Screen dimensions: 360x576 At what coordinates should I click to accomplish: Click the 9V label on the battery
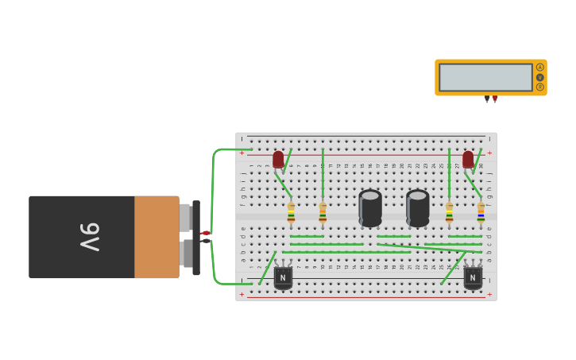[89, 237]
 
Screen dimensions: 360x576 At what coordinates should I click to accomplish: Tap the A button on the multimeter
[540, 68]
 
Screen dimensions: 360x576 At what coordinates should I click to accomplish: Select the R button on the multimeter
[540, 87]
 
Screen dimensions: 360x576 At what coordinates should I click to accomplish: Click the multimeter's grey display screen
[485, 77]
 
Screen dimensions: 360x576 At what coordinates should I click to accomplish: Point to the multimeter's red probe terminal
[495, 99]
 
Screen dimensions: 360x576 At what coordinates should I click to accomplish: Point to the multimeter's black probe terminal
[487, 99]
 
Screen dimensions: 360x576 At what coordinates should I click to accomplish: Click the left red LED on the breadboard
[278, 160]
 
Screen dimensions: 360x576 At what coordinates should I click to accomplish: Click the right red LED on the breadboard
[468, 160]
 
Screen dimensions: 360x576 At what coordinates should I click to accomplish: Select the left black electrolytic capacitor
[370, 207]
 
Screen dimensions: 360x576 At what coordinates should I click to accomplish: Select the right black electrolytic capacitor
[418, 207]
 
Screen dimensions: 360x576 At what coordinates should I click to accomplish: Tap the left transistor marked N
[283, 277]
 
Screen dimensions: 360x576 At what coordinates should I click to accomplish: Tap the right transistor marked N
[473, 277]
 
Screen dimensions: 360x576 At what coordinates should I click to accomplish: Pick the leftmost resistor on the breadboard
[291, 212]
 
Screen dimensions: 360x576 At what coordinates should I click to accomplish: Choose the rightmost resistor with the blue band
[481, 212]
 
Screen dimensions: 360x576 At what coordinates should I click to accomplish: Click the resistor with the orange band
[323, 212]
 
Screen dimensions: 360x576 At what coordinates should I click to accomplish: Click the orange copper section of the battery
[157, 237]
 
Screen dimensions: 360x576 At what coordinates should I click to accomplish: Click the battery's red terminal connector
[204, 233]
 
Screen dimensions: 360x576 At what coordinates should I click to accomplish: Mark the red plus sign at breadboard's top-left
[242, 153]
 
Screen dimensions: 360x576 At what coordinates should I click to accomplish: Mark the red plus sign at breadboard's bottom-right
[489, 295]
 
